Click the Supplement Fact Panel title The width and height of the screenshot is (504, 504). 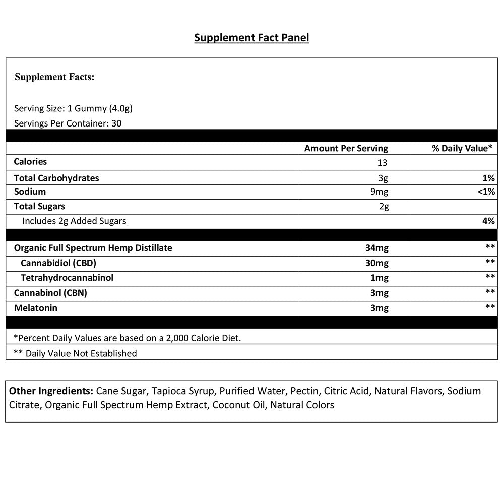coord(251,38)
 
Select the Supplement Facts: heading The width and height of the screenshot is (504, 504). coord(54,77)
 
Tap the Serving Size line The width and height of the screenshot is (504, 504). coord(73,108)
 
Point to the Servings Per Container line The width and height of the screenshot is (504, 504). coord(68,123)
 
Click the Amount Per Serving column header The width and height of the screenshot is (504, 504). coord(346,148)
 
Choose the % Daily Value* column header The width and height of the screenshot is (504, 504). coord(462,148)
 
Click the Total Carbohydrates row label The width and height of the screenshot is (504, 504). coord(56,178)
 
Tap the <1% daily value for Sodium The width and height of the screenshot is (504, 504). coord(486,192)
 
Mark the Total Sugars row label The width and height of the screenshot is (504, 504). coord(39,206)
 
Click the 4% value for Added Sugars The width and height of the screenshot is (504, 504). coord(488,221)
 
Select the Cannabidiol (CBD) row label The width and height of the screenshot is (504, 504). coord(58,263)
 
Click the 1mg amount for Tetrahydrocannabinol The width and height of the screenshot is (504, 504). coord(379,278)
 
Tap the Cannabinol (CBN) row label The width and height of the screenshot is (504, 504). coord(50,293)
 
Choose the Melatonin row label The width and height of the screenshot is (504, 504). coord(35,308)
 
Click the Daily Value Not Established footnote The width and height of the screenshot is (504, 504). coord(75,353)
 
